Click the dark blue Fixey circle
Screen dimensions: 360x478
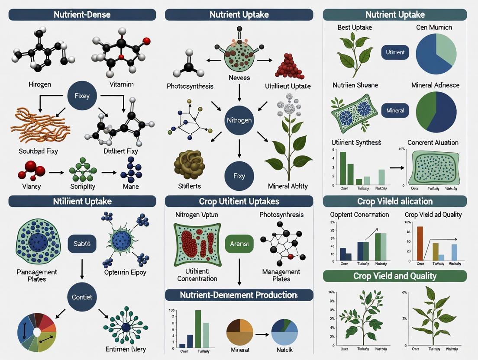(81, 96)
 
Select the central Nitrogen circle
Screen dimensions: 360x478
(239, 119)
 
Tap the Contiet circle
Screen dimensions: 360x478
(81, 297)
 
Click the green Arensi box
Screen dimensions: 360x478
(239, 244)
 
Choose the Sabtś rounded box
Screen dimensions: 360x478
(82, 244)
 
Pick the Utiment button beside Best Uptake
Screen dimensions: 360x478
(395, 52)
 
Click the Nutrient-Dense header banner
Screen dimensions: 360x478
(82, 14)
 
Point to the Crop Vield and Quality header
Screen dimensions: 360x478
(394, 276)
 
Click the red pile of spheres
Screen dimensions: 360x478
(289, 66)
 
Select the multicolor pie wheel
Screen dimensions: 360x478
(37, 332)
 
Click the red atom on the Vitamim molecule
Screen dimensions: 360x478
(146, 41)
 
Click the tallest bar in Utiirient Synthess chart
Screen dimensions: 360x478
(343, 168)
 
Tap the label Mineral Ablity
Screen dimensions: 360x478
(287, 186)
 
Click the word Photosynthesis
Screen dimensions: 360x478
(190, 86)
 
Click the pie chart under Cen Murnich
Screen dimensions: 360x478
(436, 54)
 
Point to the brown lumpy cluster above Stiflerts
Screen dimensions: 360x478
(189, 164)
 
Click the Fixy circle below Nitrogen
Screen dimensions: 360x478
(239, 176)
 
